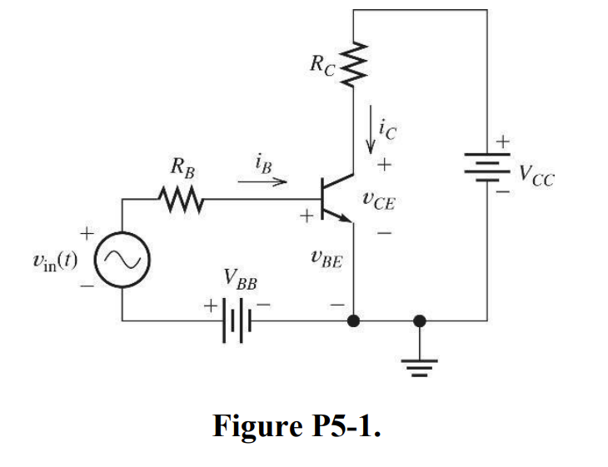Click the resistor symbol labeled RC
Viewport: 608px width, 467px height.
coord(354,64)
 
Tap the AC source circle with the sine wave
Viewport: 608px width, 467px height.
coord(123,260)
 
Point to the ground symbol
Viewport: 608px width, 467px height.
coord(420,360)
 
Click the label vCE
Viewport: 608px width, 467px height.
coord(380,199)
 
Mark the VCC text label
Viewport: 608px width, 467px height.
coord(536,176)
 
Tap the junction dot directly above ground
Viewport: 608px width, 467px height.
coord(420,320)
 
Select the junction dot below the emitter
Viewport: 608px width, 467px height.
coord(355,320)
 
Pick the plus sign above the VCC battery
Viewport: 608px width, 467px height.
coord(501,142)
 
